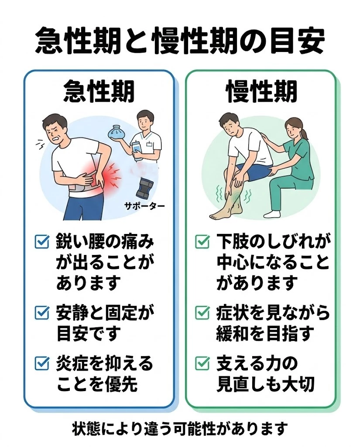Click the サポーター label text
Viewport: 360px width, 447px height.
coord(144,204)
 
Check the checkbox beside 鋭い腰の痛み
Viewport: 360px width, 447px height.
coord(41,242)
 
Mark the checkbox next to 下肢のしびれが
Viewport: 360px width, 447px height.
coord(202,241)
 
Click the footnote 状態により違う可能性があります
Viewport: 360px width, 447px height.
coord(180,429)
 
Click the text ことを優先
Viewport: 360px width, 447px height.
coord(96,384)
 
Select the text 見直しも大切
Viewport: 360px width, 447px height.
coord(265,384)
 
